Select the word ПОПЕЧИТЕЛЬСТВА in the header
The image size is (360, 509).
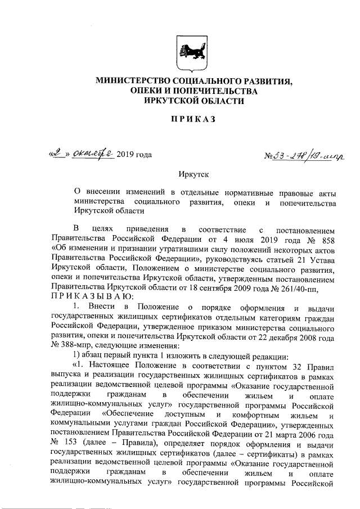[x=217, y=91]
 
